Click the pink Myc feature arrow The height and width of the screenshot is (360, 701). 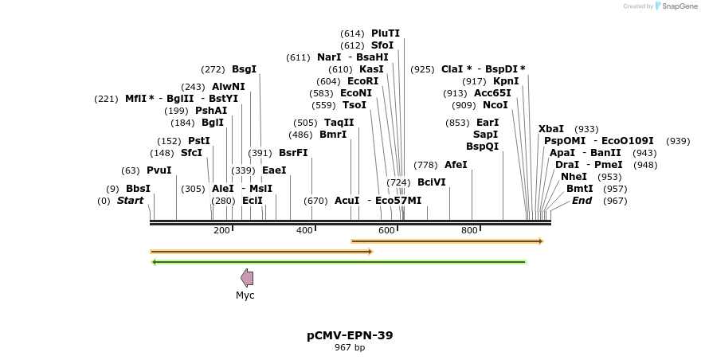tap(247, 278)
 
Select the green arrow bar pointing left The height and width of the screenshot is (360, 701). tap(339, 261)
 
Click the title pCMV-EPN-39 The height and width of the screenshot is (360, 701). tap(350, 335)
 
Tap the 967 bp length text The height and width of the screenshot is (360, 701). tap(350, 348)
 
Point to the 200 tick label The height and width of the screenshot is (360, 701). tap(221, 230)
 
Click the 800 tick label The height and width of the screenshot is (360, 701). tap(469, 230)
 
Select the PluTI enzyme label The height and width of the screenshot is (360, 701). tap(386, 33)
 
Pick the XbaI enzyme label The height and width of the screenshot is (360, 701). tap(551, 129)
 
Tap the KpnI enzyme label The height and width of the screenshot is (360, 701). tap(506, 81)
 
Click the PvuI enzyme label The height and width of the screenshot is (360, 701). tap(159, 170)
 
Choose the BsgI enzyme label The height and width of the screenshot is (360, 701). tap(244, 69)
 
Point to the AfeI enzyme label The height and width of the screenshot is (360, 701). tap(456, 165)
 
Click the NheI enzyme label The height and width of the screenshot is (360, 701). tap(574, 177)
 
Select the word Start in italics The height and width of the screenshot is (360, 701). tap(130, 201)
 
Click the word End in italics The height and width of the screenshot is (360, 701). tap(582, 201)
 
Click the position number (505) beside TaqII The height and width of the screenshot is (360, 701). tap(305, 123)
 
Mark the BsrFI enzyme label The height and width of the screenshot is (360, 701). tap(293, 153)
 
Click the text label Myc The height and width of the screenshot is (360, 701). tap(245, 295)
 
